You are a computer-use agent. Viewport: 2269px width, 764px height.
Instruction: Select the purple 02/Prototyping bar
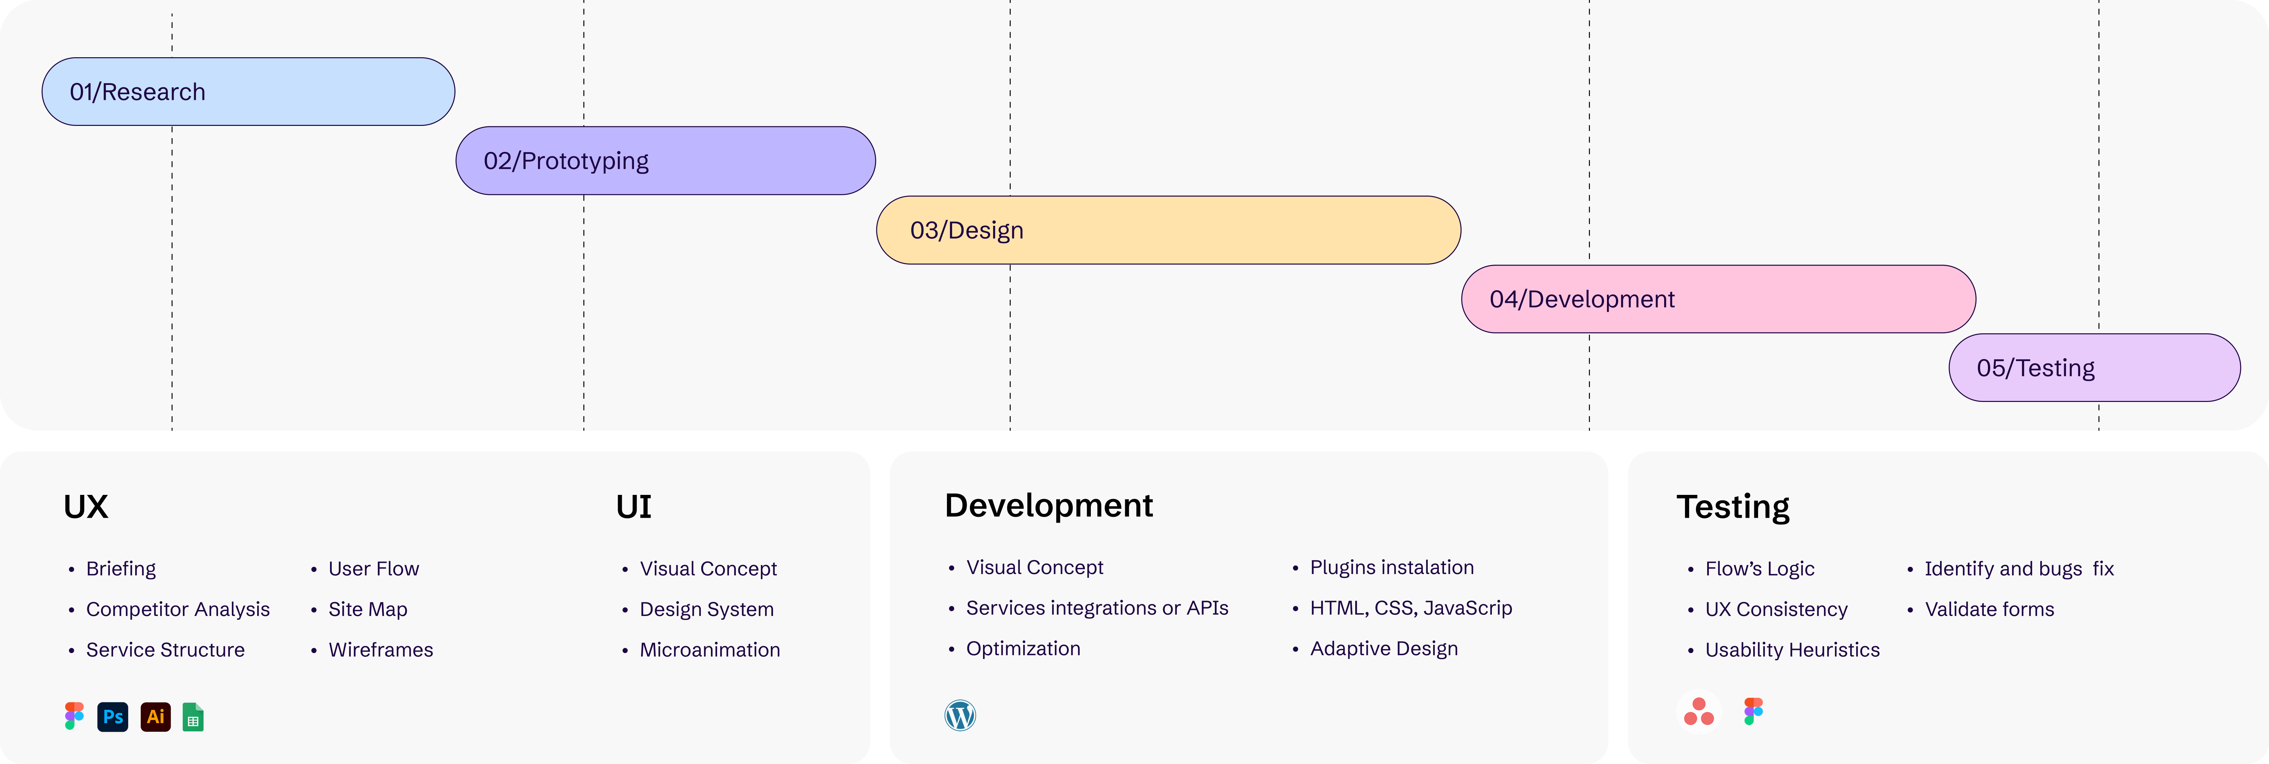665,160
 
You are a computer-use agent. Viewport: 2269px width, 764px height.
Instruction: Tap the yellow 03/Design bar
1168,230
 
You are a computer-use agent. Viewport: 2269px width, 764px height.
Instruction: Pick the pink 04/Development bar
1718,299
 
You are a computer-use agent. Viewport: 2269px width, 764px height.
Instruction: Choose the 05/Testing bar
2094,368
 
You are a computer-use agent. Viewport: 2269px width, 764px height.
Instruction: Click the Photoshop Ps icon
113,716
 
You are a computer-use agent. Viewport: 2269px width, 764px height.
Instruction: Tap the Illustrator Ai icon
155,716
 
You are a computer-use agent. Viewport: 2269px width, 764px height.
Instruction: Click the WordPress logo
960,715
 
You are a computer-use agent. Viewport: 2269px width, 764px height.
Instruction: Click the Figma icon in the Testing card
1753,711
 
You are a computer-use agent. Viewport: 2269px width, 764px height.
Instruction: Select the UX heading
85,507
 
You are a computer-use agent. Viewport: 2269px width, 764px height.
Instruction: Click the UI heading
633,507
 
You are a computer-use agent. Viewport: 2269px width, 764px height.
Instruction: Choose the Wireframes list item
381,650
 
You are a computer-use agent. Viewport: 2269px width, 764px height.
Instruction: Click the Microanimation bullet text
709,650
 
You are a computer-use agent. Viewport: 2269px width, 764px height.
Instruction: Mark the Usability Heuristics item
1792,650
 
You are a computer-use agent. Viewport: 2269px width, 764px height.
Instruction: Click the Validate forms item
1989,609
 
